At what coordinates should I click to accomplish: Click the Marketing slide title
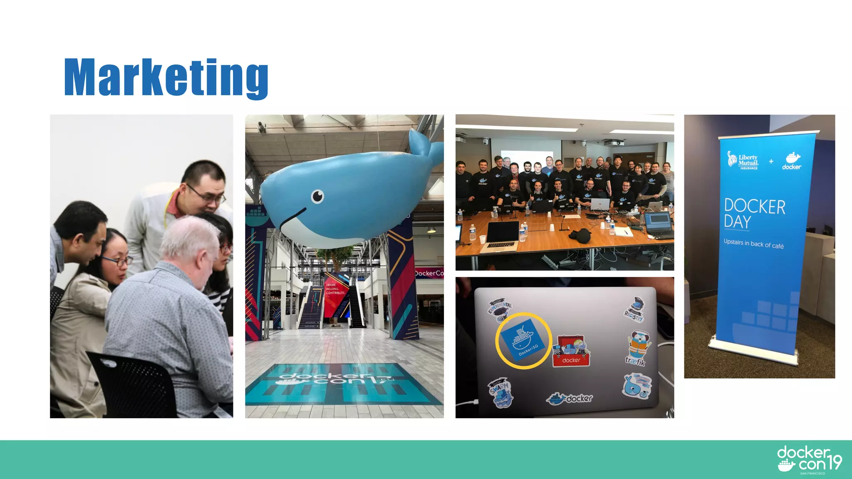click(166, 77)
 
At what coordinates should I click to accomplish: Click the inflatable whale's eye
click(317, 196)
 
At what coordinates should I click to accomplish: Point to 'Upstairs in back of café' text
click(753, 244)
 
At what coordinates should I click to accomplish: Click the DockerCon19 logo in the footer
click(809, 459)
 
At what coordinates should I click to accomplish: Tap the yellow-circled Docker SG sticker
click(523, 341)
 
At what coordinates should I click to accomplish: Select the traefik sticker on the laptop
click(637, 348)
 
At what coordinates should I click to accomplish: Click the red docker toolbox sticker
click(571, 351)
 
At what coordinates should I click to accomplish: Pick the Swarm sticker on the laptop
click(500, 393)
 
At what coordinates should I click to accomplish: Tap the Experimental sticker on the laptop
click(500, 309)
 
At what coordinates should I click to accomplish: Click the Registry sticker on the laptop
click(635, 310)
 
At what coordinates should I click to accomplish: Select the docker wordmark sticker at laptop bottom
click(570, 398)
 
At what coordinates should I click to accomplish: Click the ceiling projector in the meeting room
click(614, 143)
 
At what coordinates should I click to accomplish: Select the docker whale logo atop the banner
click(792, 160)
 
